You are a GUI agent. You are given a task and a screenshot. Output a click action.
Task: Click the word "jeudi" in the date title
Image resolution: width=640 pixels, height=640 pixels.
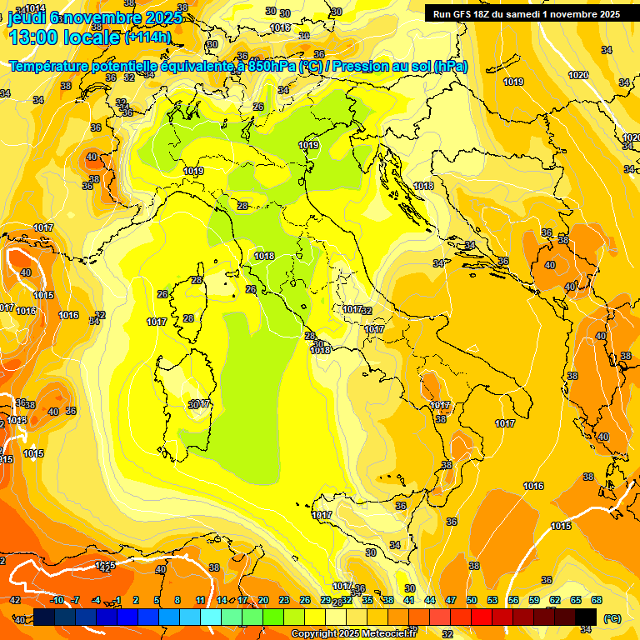26,17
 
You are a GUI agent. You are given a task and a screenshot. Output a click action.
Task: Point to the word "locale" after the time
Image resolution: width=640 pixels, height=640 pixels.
93,37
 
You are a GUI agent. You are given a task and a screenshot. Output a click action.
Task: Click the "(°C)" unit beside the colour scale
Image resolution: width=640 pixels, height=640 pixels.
612,618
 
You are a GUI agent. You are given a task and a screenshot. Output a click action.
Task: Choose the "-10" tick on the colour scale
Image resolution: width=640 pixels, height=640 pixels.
57,600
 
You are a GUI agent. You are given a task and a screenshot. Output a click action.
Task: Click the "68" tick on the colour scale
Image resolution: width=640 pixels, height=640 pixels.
597,600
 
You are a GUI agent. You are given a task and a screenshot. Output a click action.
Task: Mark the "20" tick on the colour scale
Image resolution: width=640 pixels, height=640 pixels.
263,600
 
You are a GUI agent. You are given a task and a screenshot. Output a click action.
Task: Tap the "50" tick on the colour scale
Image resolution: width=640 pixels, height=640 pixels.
472,600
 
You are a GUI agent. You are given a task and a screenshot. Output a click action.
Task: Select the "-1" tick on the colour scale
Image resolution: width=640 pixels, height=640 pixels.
117,600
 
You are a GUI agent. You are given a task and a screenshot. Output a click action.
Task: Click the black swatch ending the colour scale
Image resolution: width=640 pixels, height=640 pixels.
586,616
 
